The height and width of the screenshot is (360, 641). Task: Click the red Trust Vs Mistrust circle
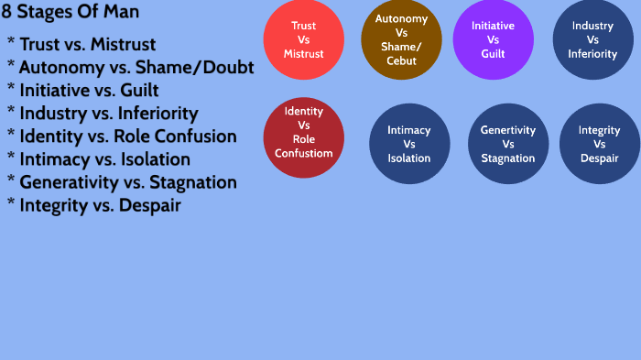(x=303, y=40)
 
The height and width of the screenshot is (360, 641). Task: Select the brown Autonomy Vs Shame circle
(x=401, y=40)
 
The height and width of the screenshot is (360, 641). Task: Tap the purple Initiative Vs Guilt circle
(x=493, y=40)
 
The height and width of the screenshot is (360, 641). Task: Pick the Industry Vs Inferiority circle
(x=592, y=40)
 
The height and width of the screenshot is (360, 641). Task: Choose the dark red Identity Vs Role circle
(x=303, y=137)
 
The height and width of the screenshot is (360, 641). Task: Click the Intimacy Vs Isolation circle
(x=408, y=144)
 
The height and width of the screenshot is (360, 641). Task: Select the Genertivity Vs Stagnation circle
(x=507, y=144)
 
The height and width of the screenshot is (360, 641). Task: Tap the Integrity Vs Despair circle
(x=599, y=144)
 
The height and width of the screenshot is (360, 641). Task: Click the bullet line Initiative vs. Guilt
(x=88, y=90)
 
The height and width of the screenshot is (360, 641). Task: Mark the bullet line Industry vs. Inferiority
(x=108, y=113)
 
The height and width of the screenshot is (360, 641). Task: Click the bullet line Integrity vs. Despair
(x=100, y=204)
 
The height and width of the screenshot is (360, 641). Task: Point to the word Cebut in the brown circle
(x=401, y=61)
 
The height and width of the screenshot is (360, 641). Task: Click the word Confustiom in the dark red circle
(x=303, y=153)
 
